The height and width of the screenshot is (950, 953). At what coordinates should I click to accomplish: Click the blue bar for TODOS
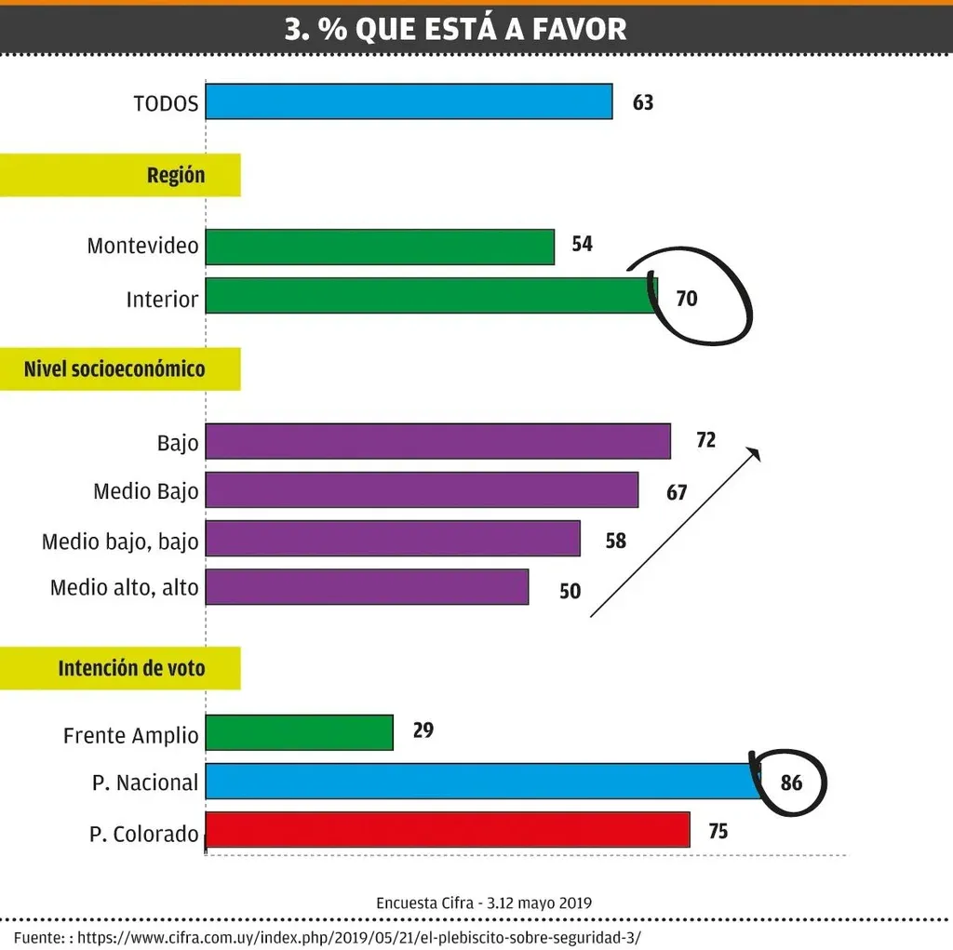pos(409,101)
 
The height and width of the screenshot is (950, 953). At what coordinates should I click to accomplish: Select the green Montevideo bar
pos(380,247)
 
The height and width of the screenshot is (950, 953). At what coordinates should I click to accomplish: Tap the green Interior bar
pos(430,295)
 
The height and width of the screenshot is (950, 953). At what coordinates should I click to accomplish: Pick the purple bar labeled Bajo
pos(437,441)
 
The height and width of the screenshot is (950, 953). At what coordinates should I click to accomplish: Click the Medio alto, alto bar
pos(367,586)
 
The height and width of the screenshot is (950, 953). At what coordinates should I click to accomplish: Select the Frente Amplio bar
pos(299,732)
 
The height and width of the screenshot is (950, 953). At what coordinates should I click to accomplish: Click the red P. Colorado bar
pos(447,830)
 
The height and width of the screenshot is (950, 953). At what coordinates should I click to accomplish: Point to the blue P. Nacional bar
pos(482,781)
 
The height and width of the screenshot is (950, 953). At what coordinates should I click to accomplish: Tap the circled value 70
pos(687,299)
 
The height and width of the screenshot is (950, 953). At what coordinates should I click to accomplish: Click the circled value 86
pos(791,783)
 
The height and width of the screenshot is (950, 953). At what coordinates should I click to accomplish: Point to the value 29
pos(423,730)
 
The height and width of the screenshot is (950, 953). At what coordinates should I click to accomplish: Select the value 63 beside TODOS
pos(643,102)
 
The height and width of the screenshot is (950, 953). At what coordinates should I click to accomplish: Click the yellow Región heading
pos(176,175)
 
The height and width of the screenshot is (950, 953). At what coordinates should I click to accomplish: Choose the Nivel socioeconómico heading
pos(114,368)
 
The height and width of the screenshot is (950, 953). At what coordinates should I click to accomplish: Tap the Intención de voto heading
pos(131,668)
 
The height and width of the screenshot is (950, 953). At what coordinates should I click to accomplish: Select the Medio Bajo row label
pos(146,490)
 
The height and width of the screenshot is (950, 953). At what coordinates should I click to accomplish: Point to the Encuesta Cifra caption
pos(484,903)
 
